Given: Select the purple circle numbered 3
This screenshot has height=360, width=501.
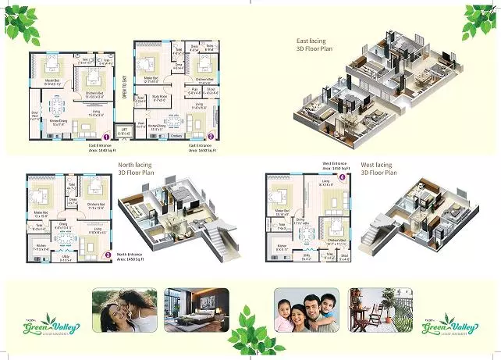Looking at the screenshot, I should [x=107, y=255].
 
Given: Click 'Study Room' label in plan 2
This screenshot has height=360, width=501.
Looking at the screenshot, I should [x=161, y=98].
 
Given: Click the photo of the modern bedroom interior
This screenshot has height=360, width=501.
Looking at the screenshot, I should [x=197, y=309].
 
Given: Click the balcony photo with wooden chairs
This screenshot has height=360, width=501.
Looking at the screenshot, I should [x=382, y=309].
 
